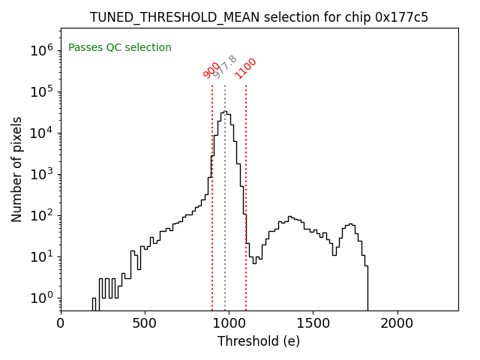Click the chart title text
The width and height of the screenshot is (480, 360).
point(259,17)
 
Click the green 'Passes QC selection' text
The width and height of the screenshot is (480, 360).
point(120,48)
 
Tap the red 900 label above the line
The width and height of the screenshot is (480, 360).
point(211,70)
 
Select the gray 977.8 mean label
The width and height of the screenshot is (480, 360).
point(224,67)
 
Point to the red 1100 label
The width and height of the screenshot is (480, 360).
point(246,68)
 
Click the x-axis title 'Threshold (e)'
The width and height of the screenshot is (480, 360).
point(259,341)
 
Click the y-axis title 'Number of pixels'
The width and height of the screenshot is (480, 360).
point(17,169)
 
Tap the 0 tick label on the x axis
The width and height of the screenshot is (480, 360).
point(61,323)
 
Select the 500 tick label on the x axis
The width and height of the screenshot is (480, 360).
point(145,323)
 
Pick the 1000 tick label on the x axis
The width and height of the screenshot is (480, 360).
point(229,323)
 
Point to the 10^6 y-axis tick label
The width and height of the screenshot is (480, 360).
point(42,50)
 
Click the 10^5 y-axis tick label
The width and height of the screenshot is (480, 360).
point(42,91)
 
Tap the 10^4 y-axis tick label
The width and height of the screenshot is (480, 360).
point(42,133)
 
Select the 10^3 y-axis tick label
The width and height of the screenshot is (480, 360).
point(42,174)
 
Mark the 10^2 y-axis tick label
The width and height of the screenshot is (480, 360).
point(42,215)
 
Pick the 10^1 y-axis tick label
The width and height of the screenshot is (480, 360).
point(42,256)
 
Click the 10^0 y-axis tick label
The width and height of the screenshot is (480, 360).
point(42,298)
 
